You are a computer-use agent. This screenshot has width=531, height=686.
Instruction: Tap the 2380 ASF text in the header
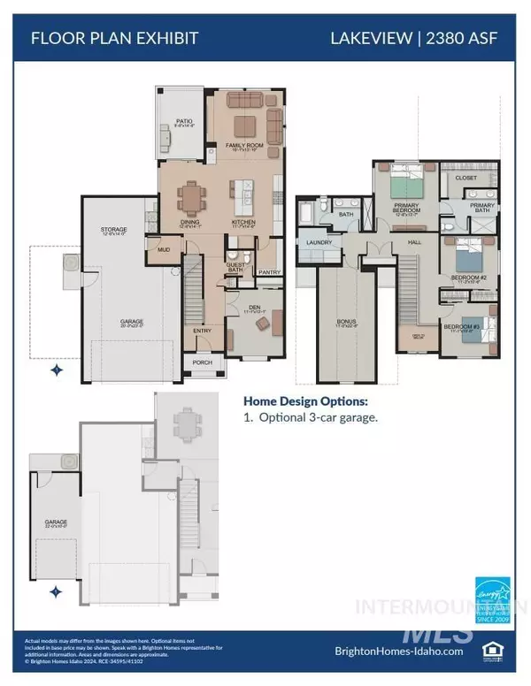pyautogui.click(x=480, y=39)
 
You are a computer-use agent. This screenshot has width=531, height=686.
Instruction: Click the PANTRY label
pyautogui.click(x=269, y=272)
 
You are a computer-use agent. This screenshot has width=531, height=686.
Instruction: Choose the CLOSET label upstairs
pyautogui.click(x=466, y=177)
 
